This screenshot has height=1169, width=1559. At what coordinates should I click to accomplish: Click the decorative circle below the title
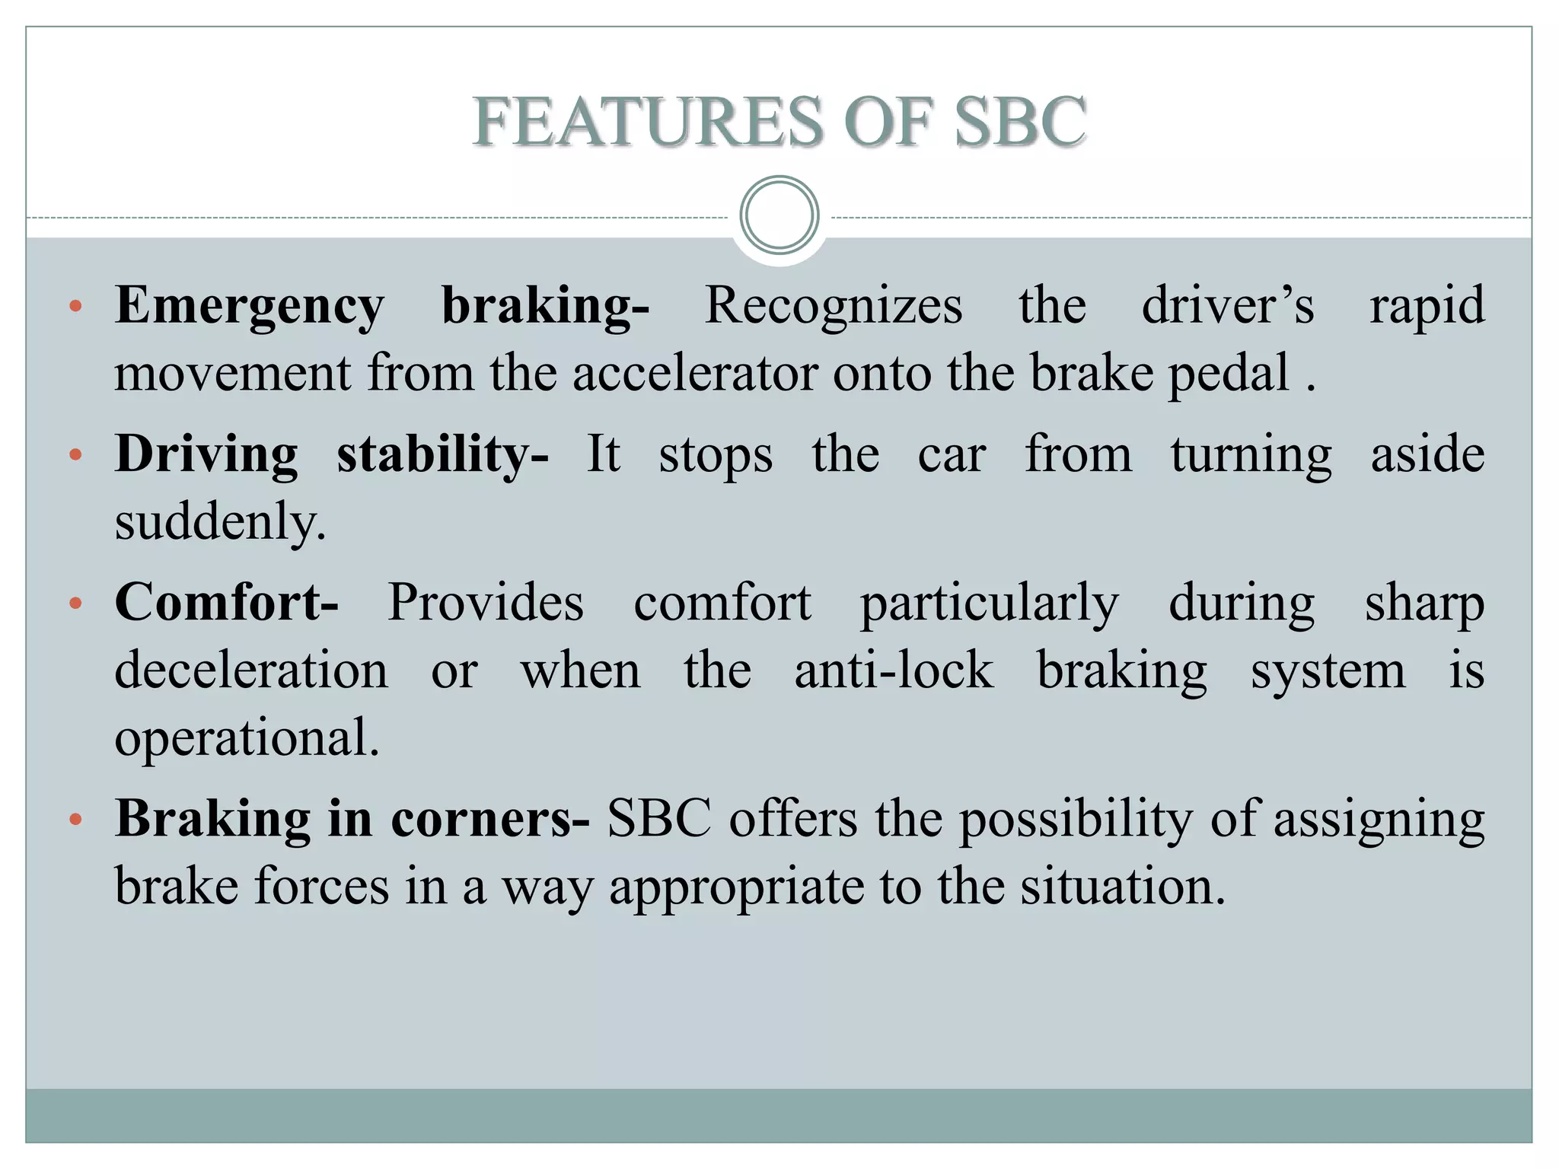[x=779, y=215]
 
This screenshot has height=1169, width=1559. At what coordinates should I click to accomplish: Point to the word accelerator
[x=695, y=374]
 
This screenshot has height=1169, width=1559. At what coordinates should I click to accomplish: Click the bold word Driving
[x=206, y=454]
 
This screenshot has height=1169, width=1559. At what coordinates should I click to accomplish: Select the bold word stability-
[x=442, y=454]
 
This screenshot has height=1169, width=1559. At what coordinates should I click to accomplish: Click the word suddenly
[x=220, y=522]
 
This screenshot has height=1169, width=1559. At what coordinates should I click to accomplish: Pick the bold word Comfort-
[x=226, y=603]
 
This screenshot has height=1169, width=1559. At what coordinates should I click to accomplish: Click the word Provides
[x=486, y=603]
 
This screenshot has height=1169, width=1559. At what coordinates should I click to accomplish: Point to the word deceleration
[x=251, y=671]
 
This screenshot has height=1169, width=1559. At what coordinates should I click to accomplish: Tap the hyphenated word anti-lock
[x=894, y=671]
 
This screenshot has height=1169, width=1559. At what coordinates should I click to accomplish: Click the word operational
[x=247, y=738]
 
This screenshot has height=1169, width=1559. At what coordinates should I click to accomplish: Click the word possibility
[x=1076, y=820]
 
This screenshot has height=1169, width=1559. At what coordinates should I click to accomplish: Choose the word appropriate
[x=736, y=888]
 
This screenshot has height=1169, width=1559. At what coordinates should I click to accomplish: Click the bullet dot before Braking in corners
[x=75, y=820]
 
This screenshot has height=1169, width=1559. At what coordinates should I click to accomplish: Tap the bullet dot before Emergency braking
[x=75, y=307]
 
